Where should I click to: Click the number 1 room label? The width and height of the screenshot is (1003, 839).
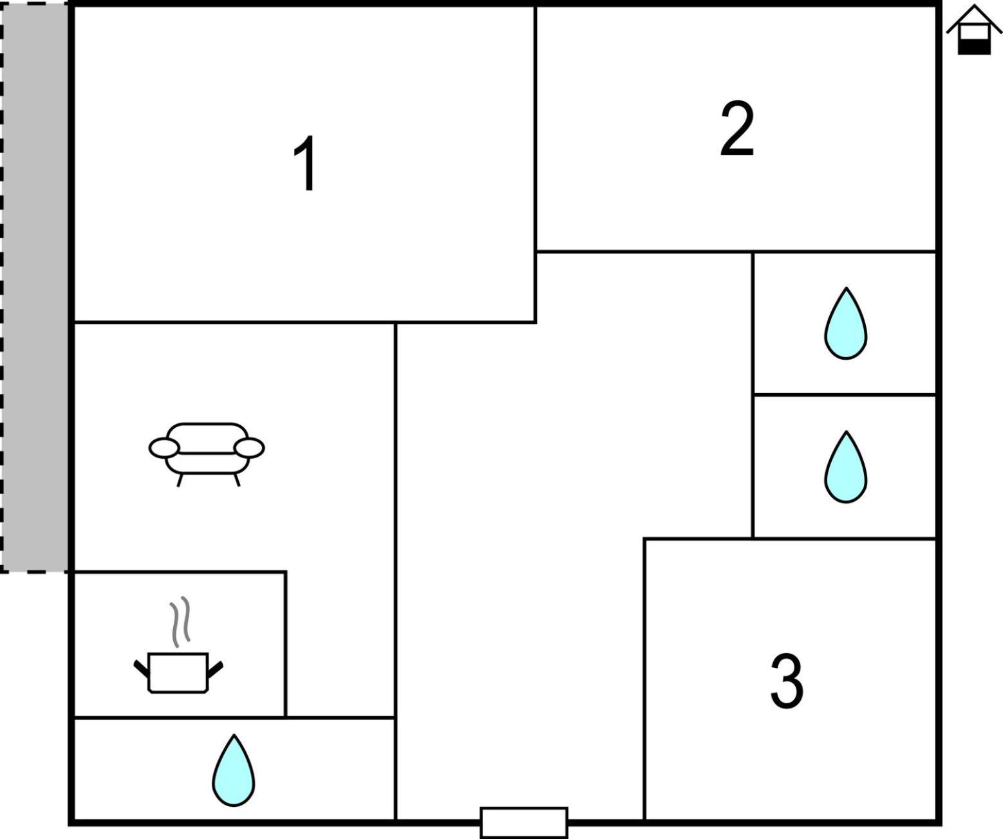pos(305,163)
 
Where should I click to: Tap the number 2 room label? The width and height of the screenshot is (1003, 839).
pos(737,128)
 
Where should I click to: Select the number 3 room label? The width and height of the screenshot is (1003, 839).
pos(787,680)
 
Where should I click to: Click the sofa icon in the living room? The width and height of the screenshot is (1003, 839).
pos(206,453)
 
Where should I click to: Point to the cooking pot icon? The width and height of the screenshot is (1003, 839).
pos(178,673)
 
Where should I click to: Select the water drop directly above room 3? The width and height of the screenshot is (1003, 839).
pos(845,468)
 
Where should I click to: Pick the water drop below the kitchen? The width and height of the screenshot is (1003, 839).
pos(234,771)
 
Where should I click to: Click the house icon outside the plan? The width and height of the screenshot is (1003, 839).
pos(973,30)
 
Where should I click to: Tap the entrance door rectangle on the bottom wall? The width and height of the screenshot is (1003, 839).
pos(523,823)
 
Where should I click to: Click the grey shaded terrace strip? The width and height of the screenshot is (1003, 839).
pos(34,288)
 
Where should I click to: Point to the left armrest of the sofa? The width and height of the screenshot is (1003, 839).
pos(164,448)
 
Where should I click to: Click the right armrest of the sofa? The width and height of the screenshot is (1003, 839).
pos(249,448)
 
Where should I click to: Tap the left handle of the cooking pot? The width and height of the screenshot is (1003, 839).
pos(141,669)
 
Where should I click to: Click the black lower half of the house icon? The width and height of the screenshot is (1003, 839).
pos(973,46)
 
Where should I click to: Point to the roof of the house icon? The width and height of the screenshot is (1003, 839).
pos(973,18)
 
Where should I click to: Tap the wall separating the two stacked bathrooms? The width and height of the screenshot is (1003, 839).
pos(844,395)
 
